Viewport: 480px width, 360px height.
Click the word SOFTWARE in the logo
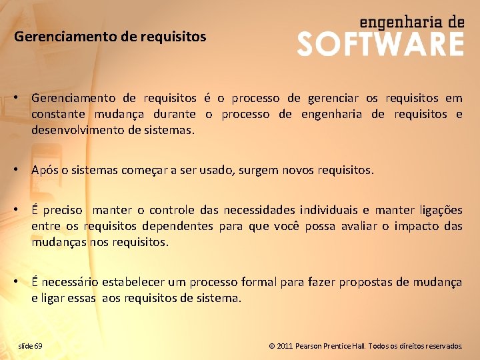point(380,44)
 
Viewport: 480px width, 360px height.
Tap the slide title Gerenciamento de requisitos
point(110,37)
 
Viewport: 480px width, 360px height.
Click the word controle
point(173,210)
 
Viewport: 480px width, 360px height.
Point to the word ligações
point(441,210)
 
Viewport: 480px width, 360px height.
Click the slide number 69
point(38,346)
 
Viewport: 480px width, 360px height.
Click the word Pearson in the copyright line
point(312,346)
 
